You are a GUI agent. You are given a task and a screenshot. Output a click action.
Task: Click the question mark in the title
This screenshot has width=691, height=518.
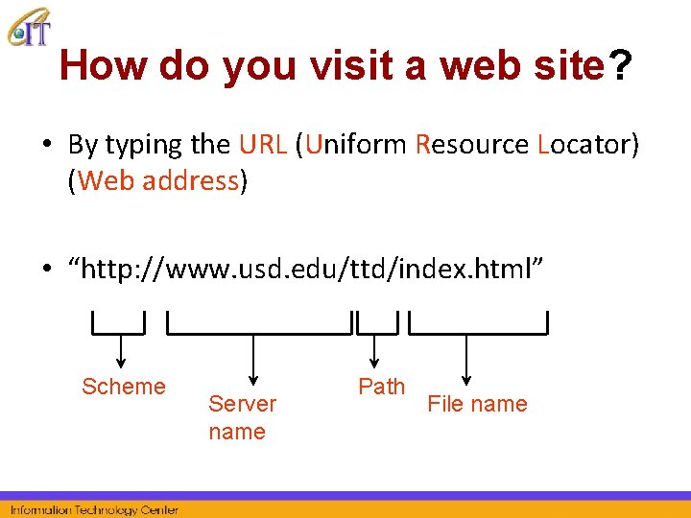(x=621, y=66)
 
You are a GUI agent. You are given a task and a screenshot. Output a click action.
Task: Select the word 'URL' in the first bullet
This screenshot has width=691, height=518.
(x=262, y=145)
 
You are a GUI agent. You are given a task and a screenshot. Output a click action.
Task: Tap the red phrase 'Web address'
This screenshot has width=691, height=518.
(x=157, y=180)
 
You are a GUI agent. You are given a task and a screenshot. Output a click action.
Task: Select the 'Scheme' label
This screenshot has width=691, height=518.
(x=123, y=387)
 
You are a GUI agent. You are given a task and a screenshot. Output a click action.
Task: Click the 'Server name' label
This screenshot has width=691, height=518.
(x=242, y=417)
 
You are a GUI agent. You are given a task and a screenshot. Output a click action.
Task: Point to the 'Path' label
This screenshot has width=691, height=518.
(x=381, y=387)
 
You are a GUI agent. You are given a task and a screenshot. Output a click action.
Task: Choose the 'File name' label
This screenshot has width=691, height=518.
(x=477, y=404)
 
